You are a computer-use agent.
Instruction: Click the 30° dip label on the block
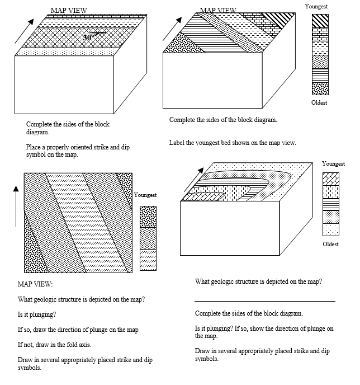coord(88,37)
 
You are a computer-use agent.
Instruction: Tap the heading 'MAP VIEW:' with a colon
coord(35,284)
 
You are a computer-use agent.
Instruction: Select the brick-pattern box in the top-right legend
coord(320,34)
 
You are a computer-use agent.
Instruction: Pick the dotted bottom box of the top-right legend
coord(320,88)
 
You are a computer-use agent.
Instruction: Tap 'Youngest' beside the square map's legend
coord(145,194)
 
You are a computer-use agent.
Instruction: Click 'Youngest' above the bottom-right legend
coord(333,163)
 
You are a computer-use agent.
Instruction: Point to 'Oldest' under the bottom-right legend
coord(331,244)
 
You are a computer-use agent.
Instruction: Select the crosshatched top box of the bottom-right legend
coord(330,179)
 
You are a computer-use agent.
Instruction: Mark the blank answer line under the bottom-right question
coord(265,301)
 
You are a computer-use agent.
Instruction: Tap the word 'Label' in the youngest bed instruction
coord(177,143)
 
